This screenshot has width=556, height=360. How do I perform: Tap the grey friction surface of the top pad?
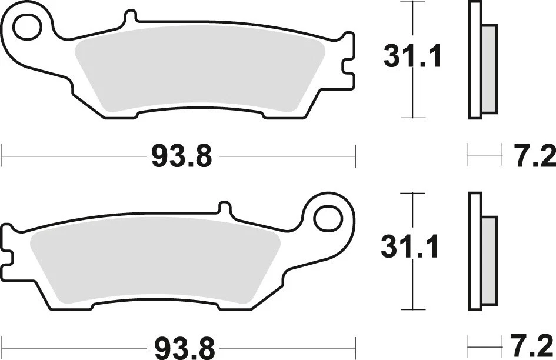coord(200,71)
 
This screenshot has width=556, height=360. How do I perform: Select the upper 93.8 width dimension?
coord(181,157)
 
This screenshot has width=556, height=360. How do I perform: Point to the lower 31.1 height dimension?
coord(411,248)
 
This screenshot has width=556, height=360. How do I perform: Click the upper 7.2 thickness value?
coord(535,157)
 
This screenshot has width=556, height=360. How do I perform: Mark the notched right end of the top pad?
coord(348,62)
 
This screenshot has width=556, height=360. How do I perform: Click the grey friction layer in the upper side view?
coord(488,68)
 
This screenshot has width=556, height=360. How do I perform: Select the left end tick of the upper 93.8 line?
coord(3,157)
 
